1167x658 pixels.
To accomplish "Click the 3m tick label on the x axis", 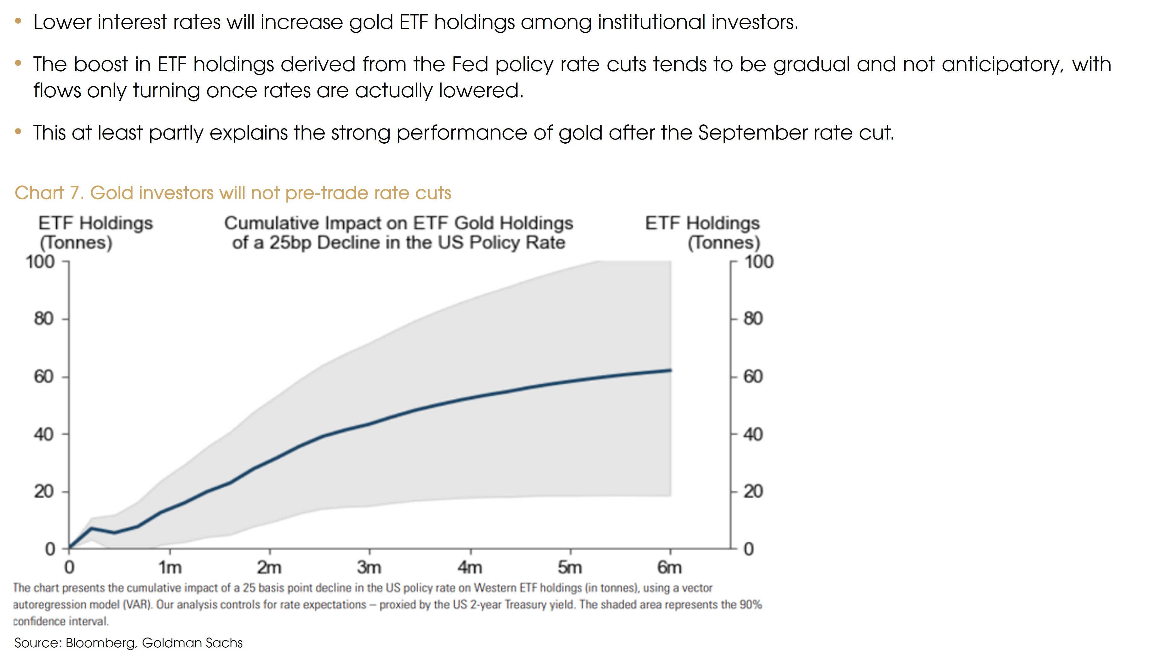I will (x=369, y=567).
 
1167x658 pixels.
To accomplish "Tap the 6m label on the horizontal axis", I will (x=670, y=567).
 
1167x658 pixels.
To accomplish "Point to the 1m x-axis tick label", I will (x=170, y=567).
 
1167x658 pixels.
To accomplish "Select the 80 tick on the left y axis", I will (x=43, y=319).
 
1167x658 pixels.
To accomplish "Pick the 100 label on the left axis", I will (x=40, y=262).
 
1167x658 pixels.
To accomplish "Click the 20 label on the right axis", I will (x=753, y=492).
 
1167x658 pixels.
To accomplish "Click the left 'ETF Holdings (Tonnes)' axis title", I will (x=95, y=233).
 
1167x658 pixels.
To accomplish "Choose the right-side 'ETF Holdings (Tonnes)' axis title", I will (x=703, y=233).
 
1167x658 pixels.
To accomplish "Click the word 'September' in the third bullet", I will (x=752, y=133).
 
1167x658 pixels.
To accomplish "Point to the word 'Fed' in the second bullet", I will (x=470, y=64).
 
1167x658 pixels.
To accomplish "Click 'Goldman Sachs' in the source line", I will (x=192, y=643).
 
